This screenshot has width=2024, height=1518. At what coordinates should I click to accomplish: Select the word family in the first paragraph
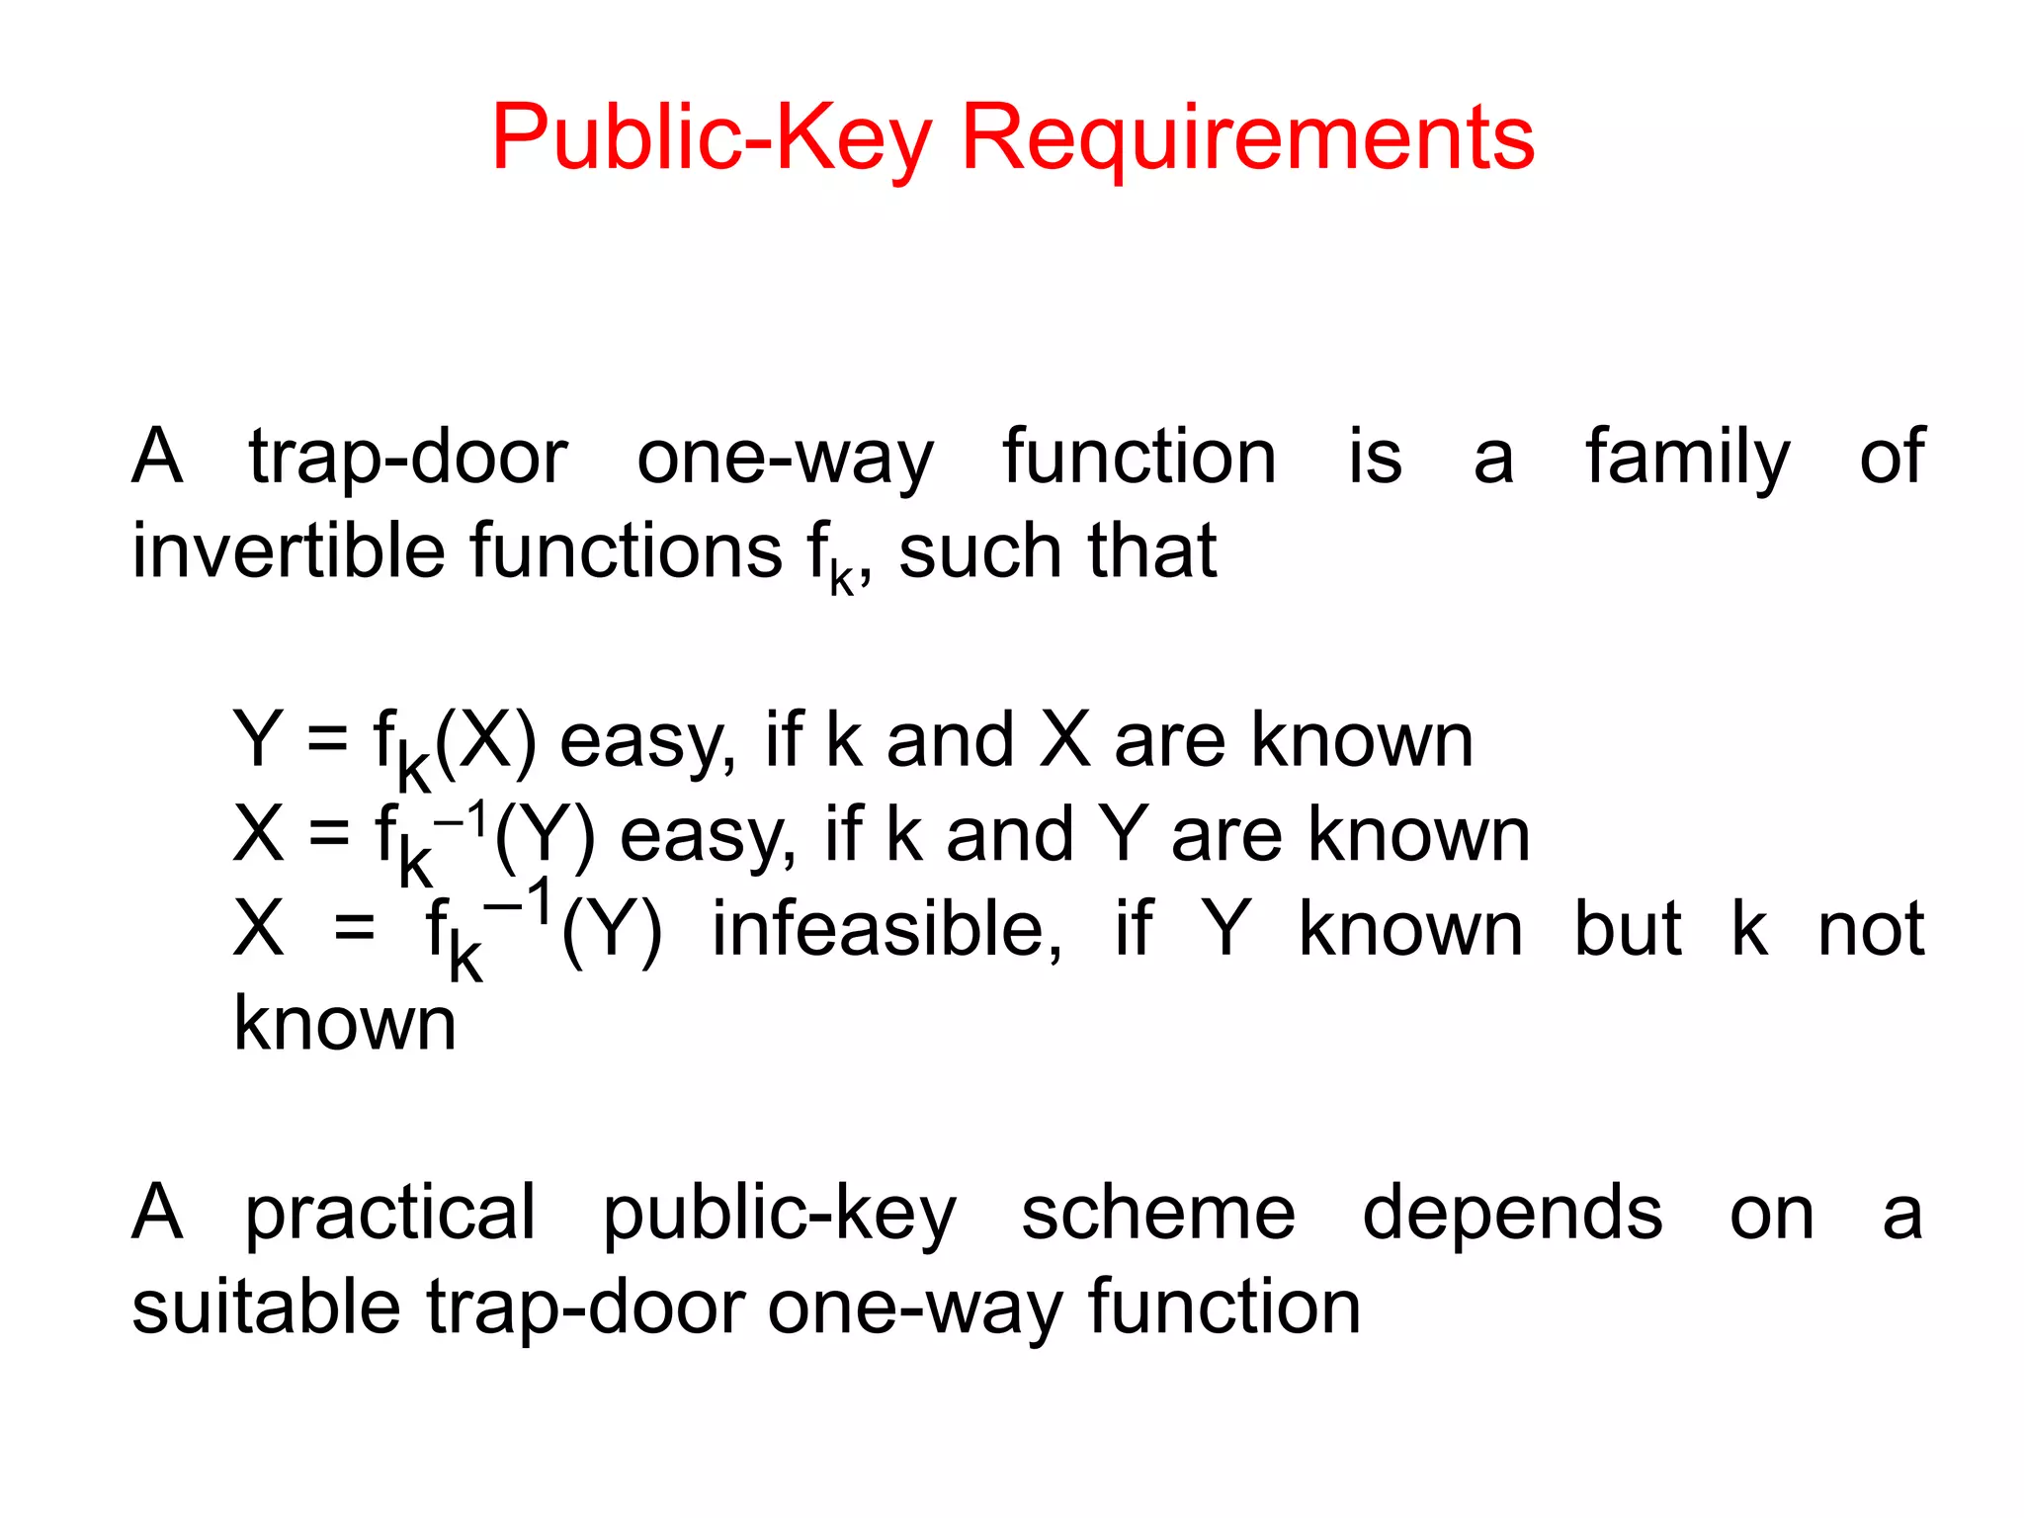pos(1688,459)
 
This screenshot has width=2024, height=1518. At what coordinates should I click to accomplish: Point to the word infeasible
pos(886,929)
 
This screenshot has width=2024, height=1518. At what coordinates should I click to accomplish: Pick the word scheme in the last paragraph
pos(1157,1214)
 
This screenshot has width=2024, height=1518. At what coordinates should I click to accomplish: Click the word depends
pos(1512,1214)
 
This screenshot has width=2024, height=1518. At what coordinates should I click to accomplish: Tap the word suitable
pos(266,1307)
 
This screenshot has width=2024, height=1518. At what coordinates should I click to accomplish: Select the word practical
pos(390,1214)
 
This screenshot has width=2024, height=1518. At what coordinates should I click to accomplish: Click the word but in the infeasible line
pos(1627,929)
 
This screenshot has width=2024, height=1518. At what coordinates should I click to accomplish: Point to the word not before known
pos(1871,929)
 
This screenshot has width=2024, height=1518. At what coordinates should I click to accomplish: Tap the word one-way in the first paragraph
pos(785,459)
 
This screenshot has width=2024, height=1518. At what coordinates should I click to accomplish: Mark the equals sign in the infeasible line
pos(354,929)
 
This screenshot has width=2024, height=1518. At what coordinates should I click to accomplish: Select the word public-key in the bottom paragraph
pos(779,1214)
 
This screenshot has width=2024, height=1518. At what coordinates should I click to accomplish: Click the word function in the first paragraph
pos(1139,459)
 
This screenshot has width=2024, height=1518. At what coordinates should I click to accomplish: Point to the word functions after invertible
pos(626,550)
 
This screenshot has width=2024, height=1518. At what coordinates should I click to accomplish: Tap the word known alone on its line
pos(345,1024)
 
